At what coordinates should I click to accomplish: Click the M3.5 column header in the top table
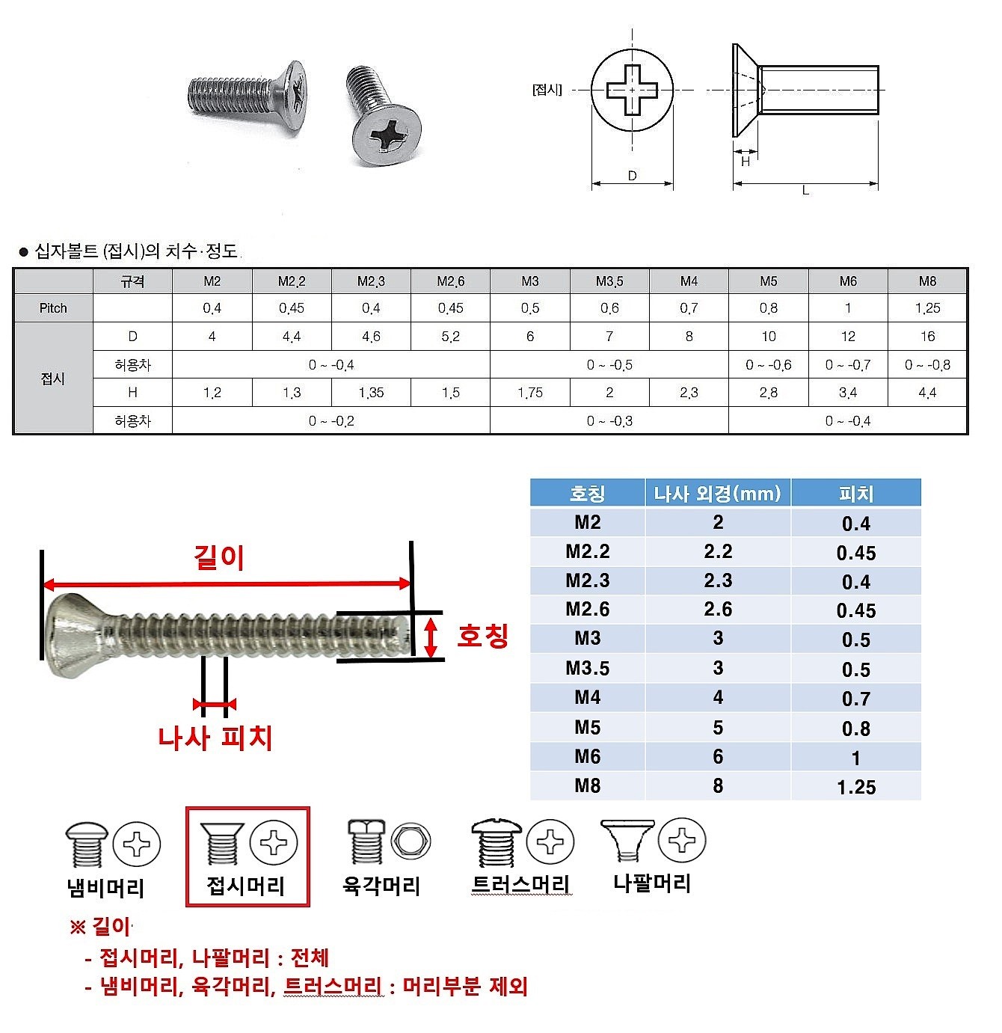pyautogui.click(x=609, y=281)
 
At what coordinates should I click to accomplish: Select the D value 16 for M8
pyautogui.click(x=927, y=337)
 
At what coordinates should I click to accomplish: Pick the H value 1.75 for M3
pyautogui.click(x=529, y=393)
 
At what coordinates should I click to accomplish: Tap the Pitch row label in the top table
pyautogui.click(x=53, y=308)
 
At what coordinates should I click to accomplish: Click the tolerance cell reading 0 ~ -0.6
pyautogui.click(x=768, y=365)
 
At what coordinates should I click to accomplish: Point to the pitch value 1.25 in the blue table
pyautogui.click(x=856, y=787)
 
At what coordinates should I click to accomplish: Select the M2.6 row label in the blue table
pyautogui.click(x=587, y=610)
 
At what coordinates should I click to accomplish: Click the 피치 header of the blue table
pyautogui.click(x=856, y=494)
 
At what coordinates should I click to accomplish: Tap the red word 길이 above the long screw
pyautogui.click(x=219, y=557)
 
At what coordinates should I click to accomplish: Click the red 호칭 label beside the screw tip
pyautogui.click(x=483, y=636)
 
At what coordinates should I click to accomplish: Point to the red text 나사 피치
pyautogui.click(x=215, y=738)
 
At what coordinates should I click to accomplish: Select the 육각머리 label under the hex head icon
pyautogui.click(x=381, y=886)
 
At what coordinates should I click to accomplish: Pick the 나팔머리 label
pyautogui.click(x=652, y=883)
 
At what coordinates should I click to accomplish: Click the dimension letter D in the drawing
pyautogui.click(x=633, y=176)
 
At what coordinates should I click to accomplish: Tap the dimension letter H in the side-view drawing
pyautogui.click(x=746, y=162)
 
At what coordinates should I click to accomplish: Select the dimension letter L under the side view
pyautogui.click(x=805, y=191)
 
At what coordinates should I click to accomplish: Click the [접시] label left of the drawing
pyautogui.click(x=547, y=90)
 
